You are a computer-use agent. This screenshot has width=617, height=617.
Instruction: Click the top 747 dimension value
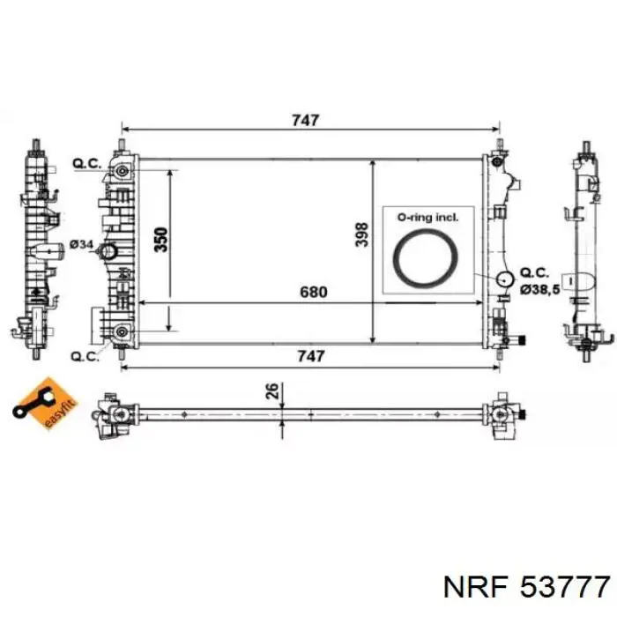305,120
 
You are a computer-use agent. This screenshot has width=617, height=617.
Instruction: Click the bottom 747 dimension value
311,356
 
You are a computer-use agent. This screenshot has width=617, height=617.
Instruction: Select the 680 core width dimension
313,292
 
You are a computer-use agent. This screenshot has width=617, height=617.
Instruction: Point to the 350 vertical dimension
160,239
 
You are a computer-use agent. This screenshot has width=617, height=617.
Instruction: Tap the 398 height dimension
361,235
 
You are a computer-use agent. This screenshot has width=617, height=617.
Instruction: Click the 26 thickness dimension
271,390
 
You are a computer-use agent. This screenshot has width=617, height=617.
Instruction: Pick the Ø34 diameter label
81,244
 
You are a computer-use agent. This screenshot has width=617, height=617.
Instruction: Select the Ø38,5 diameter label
539,290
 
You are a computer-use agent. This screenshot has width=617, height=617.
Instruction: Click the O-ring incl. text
427,217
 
